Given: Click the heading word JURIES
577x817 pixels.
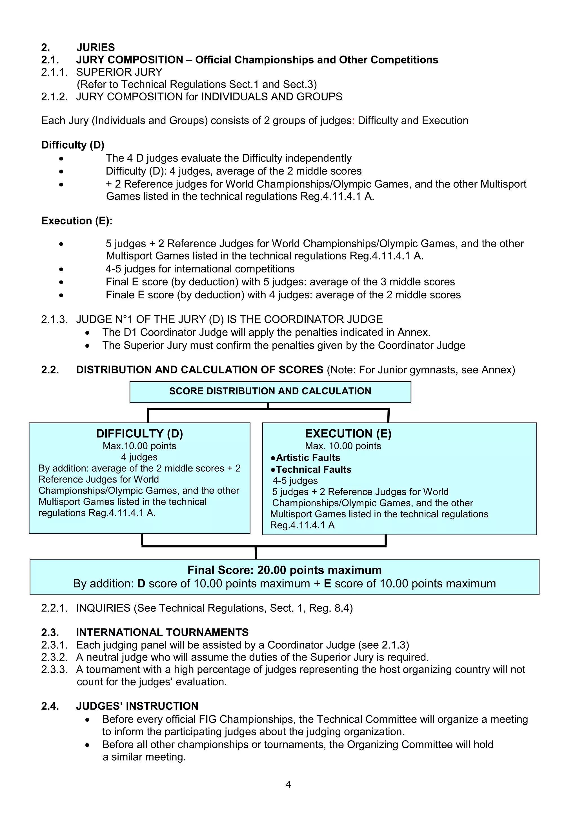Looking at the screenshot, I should tap(96, 47).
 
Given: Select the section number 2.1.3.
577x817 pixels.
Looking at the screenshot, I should tap(54, 319).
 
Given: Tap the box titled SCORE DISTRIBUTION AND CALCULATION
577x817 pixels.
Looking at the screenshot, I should tap(270, 391).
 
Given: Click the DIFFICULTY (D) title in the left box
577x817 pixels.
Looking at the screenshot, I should tap(139, 433).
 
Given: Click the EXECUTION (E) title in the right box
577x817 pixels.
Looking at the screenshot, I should tap(348, 433).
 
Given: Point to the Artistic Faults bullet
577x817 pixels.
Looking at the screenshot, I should tap(305, 458).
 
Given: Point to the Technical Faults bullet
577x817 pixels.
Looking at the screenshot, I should tap(311, 469).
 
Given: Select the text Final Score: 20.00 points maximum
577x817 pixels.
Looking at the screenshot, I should tap(284, 570).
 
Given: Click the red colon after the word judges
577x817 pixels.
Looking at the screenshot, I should tap(353, 121).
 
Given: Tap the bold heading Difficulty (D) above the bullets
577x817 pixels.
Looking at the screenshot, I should tap(72, 145).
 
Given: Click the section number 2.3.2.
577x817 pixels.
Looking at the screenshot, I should tap(54, 657).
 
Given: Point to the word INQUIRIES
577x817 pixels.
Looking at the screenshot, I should tap(103, 608).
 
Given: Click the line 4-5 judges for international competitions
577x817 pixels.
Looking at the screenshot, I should tap(200, 269).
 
